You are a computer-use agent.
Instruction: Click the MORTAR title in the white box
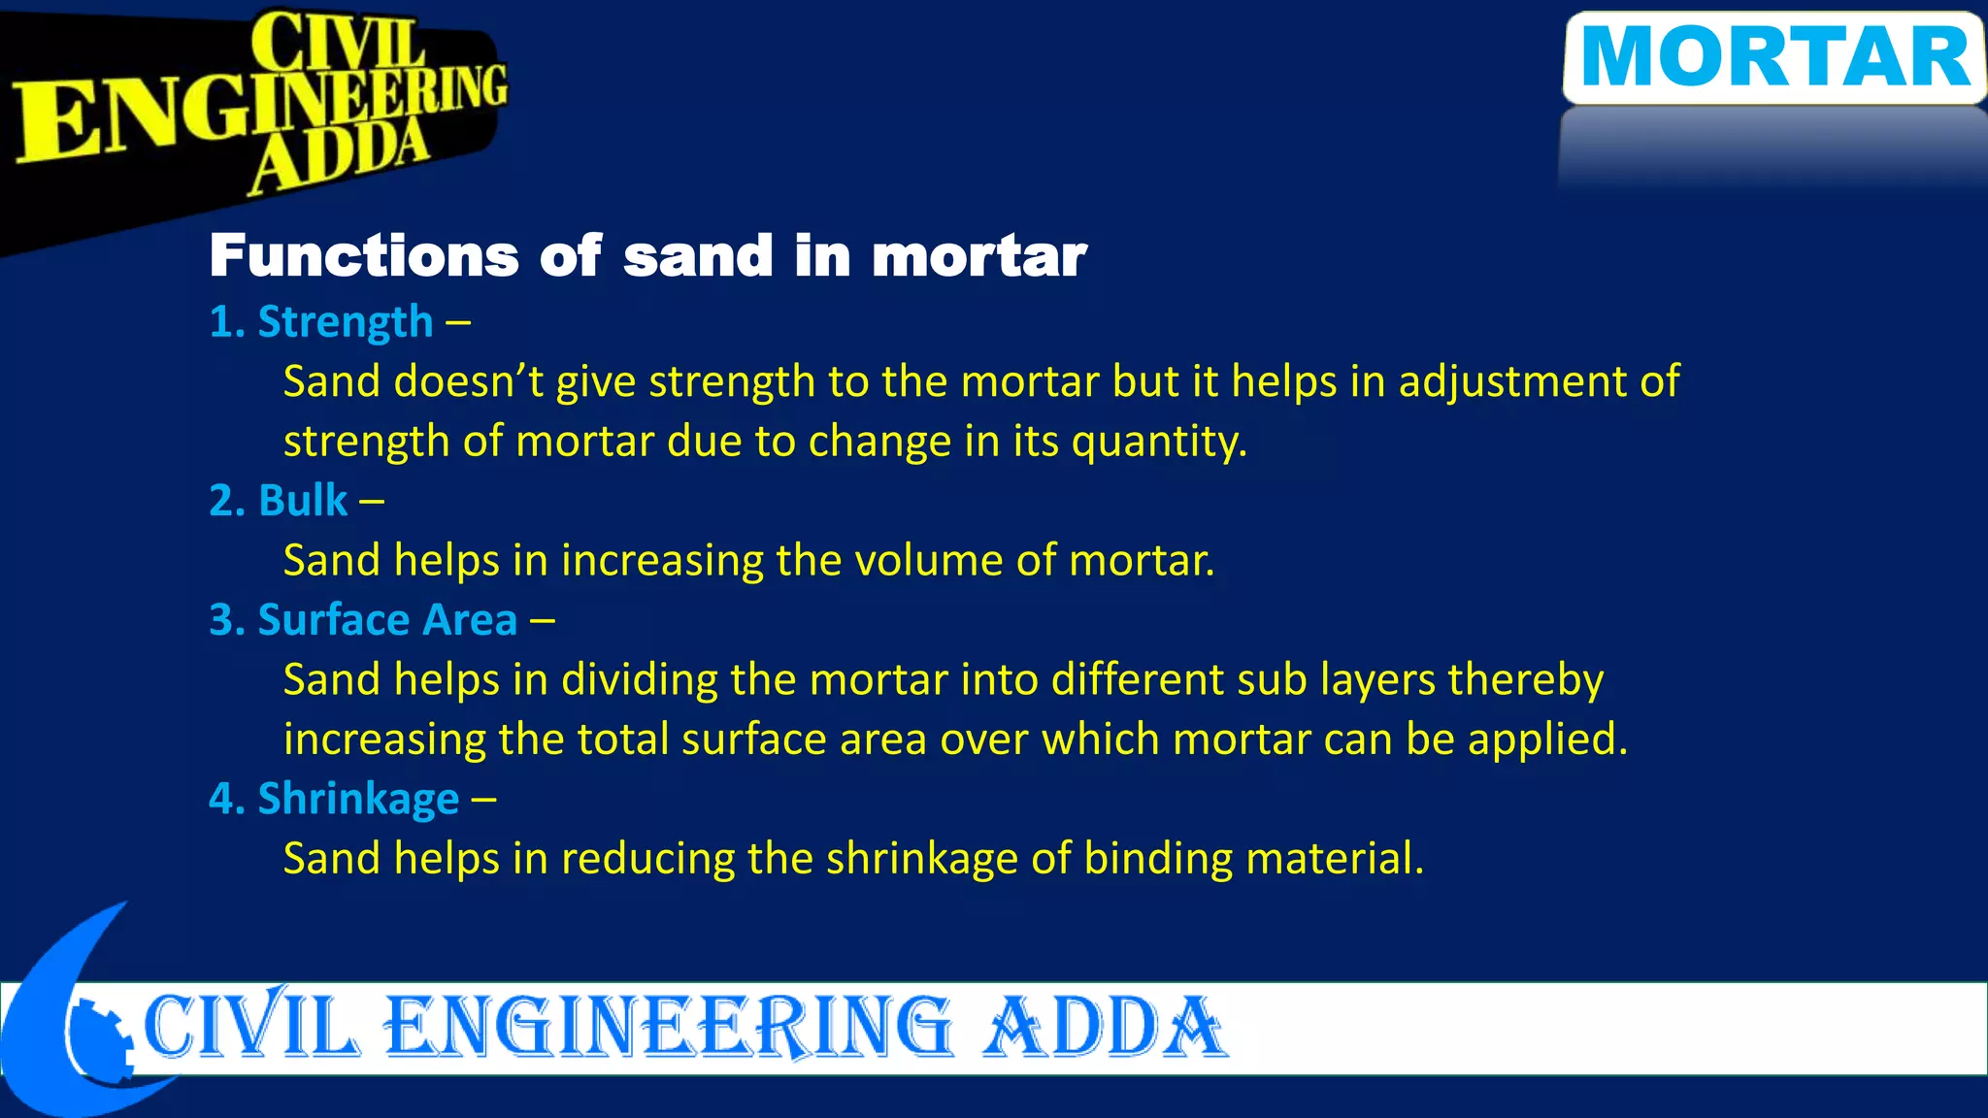point(1775,57)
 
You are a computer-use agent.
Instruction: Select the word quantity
point(1158,443)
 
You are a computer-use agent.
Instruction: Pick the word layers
point(1377,680)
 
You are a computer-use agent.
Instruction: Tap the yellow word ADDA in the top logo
point(339,155)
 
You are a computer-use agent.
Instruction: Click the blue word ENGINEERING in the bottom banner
point(670,1027)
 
